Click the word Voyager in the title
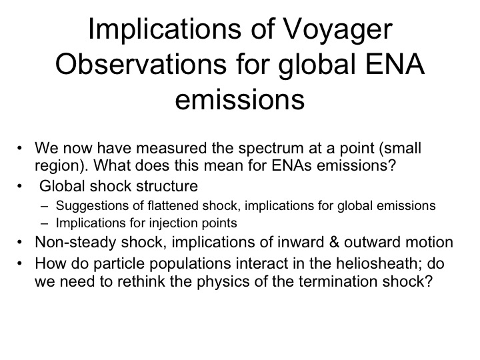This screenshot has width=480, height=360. (337, 31)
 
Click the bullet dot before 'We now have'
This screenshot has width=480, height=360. (20, 149)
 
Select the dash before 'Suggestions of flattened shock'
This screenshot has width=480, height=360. (45, 206)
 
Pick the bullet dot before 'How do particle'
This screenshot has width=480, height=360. (20, 264)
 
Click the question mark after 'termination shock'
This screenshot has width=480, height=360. (429, 281)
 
